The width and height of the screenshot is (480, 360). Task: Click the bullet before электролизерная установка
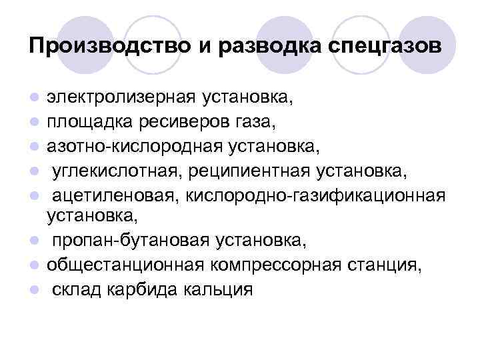34,99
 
